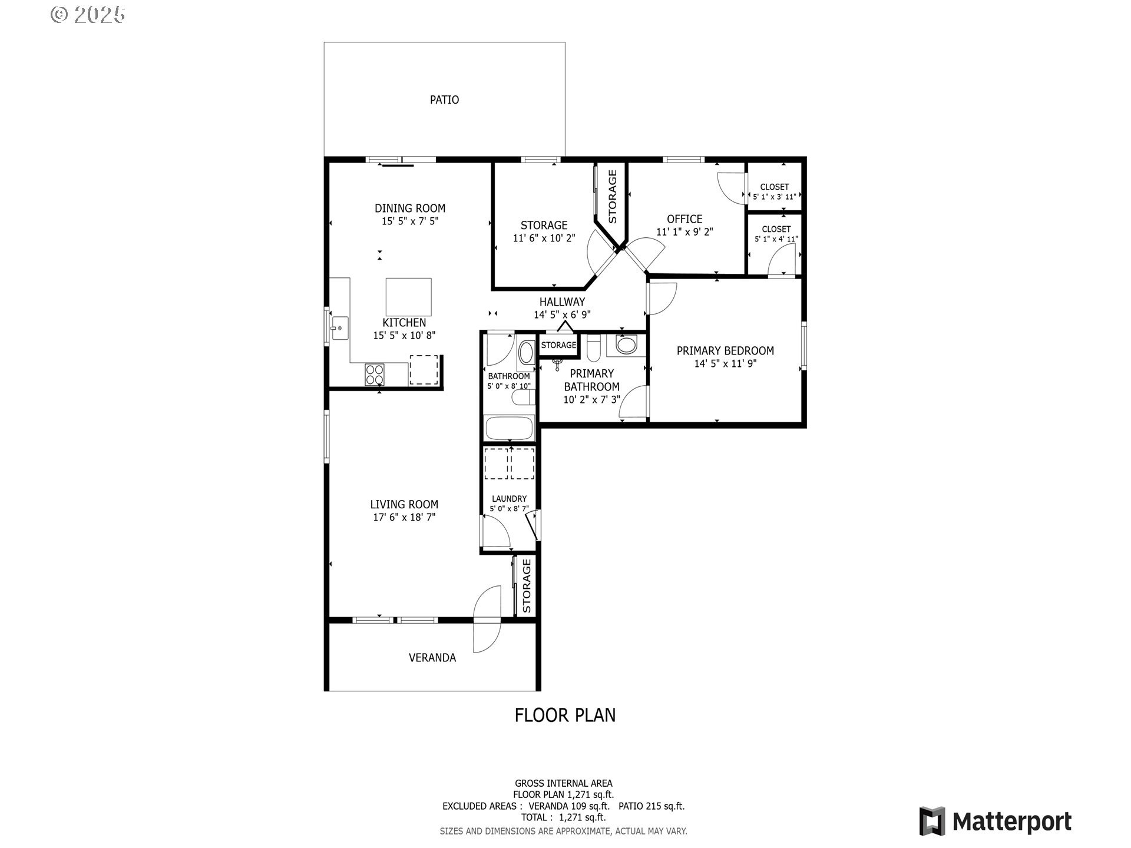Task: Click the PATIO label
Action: click(x=444, y=100)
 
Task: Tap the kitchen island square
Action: click(x=408, y=297)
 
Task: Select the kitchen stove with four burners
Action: click(x=375, y=375)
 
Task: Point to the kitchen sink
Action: click(x=339, y=328)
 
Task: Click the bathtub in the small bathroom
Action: click(x=509, y=428)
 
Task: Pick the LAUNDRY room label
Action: click(x=509, y=499)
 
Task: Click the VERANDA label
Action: click(x=432, y=658)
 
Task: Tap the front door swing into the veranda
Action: click(x=487, y=636)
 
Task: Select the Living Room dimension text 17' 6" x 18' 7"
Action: click(x=404, y=518)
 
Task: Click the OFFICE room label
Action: click(x=684, y=219)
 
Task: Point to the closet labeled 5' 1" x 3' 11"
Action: click(x=775, y=186)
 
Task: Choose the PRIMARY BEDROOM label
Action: click(x=725, y=351)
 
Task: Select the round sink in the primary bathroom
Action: click(x=626, y=344)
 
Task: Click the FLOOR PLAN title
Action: click(x=565, y=715)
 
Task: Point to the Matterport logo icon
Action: click(x=932, y=821)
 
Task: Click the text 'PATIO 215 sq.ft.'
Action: click(x=652, y=806)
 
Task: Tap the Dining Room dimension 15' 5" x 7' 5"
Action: click(x=410, y=221)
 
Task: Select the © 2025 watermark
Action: click(x=88, y=15)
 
